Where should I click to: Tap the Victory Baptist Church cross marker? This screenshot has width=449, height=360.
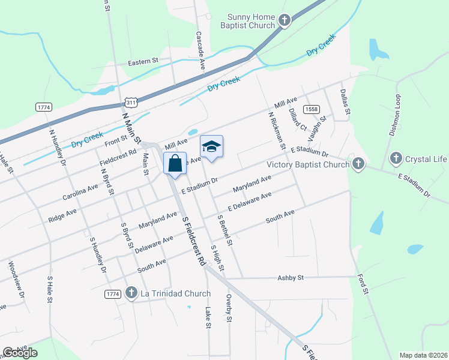click(358, 164)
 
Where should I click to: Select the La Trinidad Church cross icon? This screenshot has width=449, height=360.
click(132, 293)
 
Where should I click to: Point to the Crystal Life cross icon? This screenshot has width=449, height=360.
click(396, 159)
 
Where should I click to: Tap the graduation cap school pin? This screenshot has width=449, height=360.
click(211, 147)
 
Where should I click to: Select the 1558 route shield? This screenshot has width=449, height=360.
click(311, 109)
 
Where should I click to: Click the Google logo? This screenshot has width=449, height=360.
click(20, 353)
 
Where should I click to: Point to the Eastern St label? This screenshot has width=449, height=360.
click(143, 61)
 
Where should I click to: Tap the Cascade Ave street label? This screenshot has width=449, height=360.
click(200, 52)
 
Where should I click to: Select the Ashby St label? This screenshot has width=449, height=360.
click(291, 278)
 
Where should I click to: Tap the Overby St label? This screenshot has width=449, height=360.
click(229, 308)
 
